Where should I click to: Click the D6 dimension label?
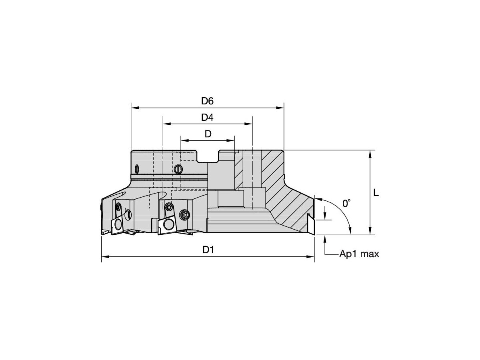click(x=207, y=101)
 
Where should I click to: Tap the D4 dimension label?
click(x=207, y=117)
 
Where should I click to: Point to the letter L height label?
click(x=376, y=192)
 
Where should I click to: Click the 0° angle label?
click(x=346, y=203)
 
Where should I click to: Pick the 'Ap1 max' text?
click(x=359, y=254)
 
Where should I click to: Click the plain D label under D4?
click(x=208, y=134)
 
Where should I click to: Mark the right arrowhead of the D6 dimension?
click(x=280, y=108)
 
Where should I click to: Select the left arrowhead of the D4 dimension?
click(x=167, y=124)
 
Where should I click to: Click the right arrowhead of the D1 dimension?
click(x=310, y=257)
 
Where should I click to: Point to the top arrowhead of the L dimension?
click(x=370, y=154)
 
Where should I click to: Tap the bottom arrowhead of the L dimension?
click(x=370, y=231)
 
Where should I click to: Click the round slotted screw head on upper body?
click(x=178, y=169)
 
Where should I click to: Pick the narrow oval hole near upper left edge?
click(x=137, y=169)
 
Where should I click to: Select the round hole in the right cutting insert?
click(x=169, y=225)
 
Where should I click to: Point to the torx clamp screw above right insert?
click(x=169, y=206)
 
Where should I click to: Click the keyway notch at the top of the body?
click(x=208, y=156)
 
